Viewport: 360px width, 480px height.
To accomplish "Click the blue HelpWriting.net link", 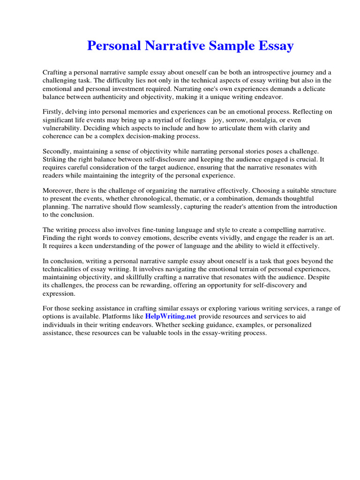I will point(171,316).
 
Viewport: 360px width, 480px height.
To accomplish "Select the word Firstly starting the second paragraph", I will point(54,112).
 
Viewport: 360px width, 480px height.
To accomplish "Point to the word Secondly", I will point(58,151).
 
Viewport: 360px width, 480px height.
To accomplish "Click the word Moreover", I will point(58,190).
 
